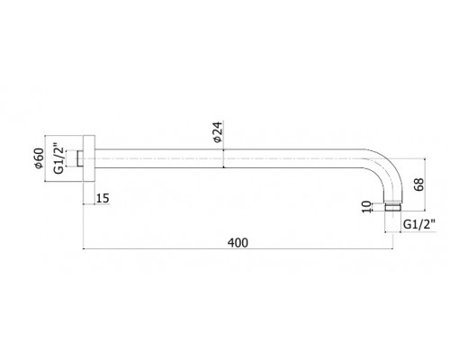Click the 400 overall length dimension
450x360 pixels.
tap(238, 243)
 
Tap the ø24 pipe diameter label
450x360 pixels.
tap(218, 131)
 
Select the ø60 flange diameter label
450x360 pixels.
tap(39, 158)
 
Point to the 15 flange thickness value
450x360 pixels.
tap(103, 198)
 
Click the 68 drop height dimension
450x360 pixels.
tap(418, 184)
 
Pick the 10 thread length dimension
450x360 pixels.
tap(366, 207)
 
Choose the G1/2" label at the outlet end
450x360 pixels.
tap(419, 224)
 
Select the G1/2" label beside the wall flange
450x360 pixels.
tap(59, 160)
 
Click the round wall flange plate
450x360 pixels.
tap(89, 158)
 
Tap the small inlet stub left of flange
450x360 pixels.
tap(80, 158)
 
